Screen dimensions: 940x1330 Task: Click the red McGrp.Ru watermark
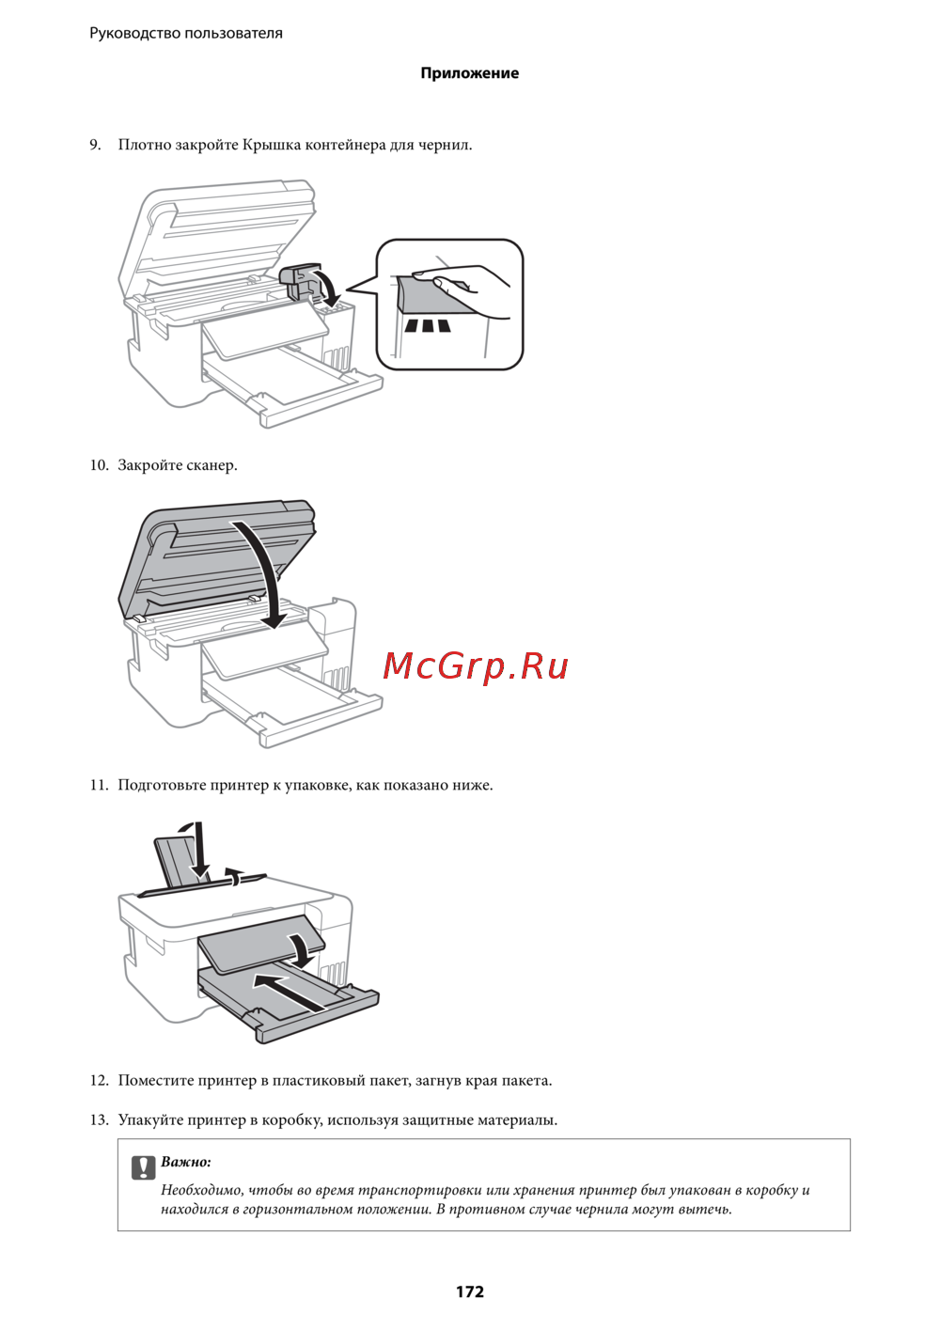(x=476, y=666)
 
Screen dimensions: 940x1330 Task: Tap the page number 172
(x=470, y=1292)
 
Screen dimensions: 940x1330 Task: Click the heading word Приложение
(x=470, y=73)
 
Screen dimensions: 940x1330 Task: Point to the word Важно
(x=186, y=1162)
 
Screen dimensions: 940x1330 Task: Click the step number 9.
(x=95, y=145)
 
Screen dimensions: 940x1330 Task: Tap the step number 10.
(x=99, y=465)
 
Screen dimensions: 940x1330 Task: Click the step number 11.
(x=99, y=785)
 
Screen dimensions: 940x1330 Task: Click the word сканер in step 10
(x=212, y=465)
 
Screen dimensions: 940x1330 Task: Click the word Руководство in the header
(x=134, y=33)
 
